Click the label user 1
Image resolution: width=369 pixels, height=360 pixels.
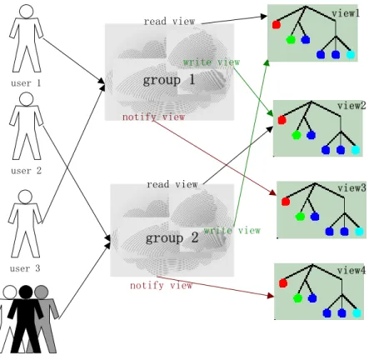[26, 83]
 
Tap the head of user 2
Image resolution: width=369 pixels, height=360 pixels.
[27, 99]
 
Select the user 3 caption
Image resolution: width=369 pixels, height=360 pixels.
[25, 268]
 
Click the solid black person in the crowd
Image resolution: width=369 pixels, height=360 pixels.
[26, 319]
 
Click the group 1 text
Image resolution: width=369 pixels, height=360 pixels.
[169, 80]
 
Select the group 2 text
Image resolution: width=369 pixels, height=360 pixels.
[172, 238]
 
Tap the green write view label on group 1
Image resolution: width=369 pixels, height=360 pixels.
[212, 62]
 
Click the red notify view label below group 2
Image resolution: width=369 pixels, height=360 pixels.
[161, 285]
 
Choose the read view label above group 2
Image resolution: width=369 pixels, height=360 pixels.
[172, 184]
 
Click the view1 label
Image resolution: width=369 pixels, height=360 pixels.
[346, 13]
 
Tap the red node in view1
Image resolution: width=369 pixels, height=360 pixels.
[277, 25]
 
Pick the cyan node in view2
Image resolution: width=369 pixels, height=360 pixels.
[356, 150]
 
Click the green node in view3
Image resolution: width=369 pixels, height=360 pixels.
[300, 217]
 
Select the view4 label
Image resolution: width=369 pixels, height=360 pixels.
[352, 270]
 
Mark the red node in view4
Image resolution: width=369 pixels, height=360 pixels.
[283, 283]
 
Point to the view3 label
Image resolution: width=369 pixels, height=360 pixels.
[352, 188]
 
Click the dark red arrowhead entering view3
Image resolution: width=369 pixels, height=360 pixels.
[273, 192]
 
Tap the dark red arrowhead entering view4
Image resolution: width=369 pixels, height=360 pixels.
[271, 296]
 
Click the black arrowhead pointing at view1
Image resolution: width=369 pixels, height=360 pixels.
[264, 17]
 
